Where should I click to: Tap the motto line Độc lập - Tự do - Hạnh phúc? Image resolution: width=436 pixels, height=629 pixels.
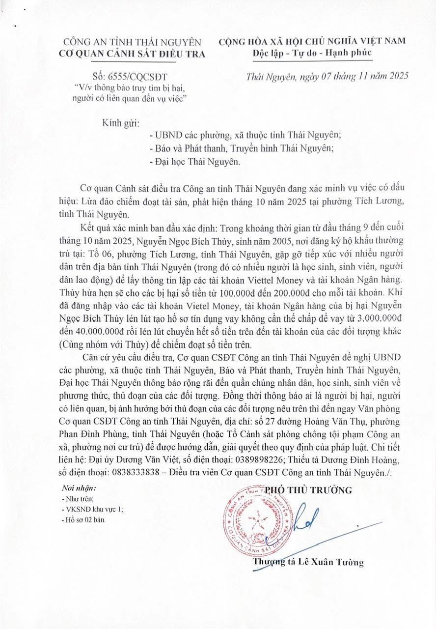tap(312, 53)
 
